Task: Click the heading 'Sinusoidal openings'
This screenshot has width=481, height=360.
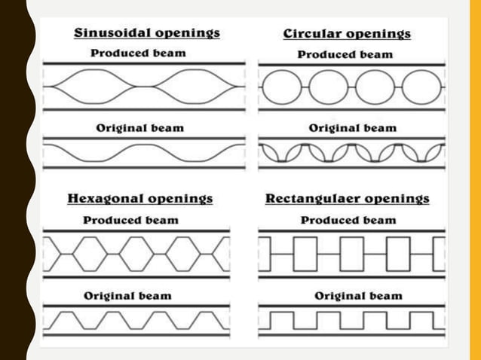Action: click(147, 33)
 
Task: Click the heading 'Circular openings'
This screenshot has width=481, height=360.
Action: click(347, 34)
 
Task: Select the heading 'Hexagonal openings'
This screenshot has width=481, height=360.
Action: click(140, 199)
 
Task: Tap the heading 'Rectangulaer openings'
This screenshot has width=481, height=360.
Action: click(348, 199)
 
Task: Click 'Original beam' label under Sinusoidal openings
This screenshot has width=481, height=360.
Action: click(139, 128)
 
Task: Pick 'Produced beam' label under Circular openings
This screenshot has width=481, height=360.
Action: click(345, 54)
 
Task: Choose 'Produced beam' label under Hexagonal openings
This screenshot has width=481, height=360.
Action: click(130, 220)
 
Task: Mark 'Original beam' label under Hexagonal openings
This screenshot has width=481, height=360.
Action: click(127, 295)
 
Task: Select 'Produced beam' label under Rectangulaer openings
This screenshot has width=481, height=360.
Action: click(348, 220)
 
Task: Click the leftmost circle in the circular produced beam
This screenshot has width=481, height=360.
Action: click(279, 87)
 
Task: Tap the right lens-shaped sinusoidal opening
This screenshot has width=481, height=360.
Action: click(195, 87)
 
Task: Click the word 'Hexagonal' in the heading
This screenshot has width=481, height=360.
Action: click(105, 199)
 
